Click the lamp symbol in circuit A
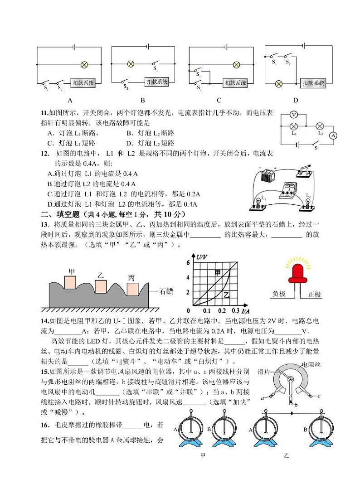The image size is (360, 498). (84, 65)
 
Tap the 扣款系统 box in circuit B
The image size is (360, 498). (157, 82)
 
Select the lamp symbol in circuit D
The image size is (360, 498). (279, 84)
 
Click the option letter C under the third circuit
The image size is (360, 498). (219, 100)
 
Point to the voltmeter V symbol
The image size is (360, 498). (294, 115)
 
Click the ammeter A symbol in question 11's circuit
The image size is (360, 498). (333, 135)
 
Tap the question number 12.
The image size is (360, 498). (45, 154)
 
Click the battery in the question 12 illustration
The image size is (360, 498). (268, 175)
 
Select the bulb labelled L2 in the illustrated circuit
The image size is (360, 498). (308, 202)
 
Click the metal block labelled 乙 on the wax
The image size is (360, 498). (101, 287)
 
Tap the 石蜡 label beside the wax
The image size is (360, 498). (166, 291)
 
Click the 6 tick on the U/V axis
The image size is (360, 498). (188, 263)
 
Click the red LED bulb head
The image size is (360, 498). (298, 273)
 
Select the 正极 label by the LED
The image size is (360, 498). (314, 295)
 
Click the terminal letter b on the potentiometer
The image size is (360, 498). (296, 405)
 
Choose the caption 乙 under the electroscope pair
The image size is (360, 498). (286, 455)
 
